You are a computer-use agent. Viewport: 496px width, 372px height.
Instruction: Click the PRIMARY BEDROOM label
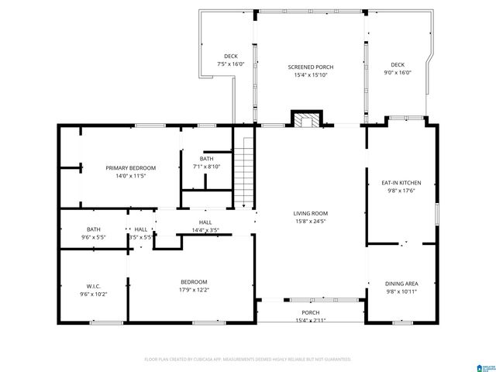coord(131,168)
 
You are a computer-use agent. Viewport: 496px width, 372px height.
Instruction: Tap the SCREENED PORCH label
coord(308,67)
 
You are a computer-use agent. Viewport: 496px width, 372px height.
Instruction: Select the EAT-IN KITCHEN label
coord(401,183)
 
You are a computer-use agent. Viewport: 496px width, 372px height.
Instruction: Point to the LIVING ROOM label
coord(310,213)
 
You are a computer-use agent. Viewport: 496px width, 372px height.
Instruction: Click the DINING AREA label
coord(401,284)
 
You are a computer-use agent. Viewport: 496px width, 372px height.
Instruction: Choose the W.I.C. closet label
coord(93,286)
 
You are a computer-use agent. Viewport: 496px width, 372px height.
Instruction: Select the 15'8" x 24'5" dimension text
coord(310,221)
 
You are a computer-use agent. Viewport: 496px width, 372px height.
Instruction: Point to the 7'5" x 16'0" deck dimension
coord(231,64)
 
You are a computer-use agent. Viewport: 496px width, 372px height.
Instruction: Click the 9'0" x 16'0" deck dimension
coord(398,73)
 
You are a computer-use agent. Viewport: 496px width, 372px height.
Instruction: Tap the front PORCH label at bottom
coord(310,313)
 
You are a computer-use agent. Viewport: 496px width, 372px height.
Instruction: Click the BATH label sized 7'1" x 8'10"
coord(206,159)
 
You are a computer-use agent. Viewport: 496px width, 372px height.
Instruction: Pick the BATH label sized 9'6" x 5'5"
coord(93,229)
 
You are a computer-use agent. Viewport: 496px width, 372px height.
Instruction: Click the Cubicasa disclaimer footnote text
coord(248,360)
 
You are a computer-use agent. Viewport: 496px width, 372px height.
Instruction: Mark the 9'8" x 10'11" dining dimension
coord(401,292)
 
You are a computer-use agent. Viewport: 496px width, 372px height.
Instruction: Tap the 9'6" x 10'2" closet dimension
coord(93,294)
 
